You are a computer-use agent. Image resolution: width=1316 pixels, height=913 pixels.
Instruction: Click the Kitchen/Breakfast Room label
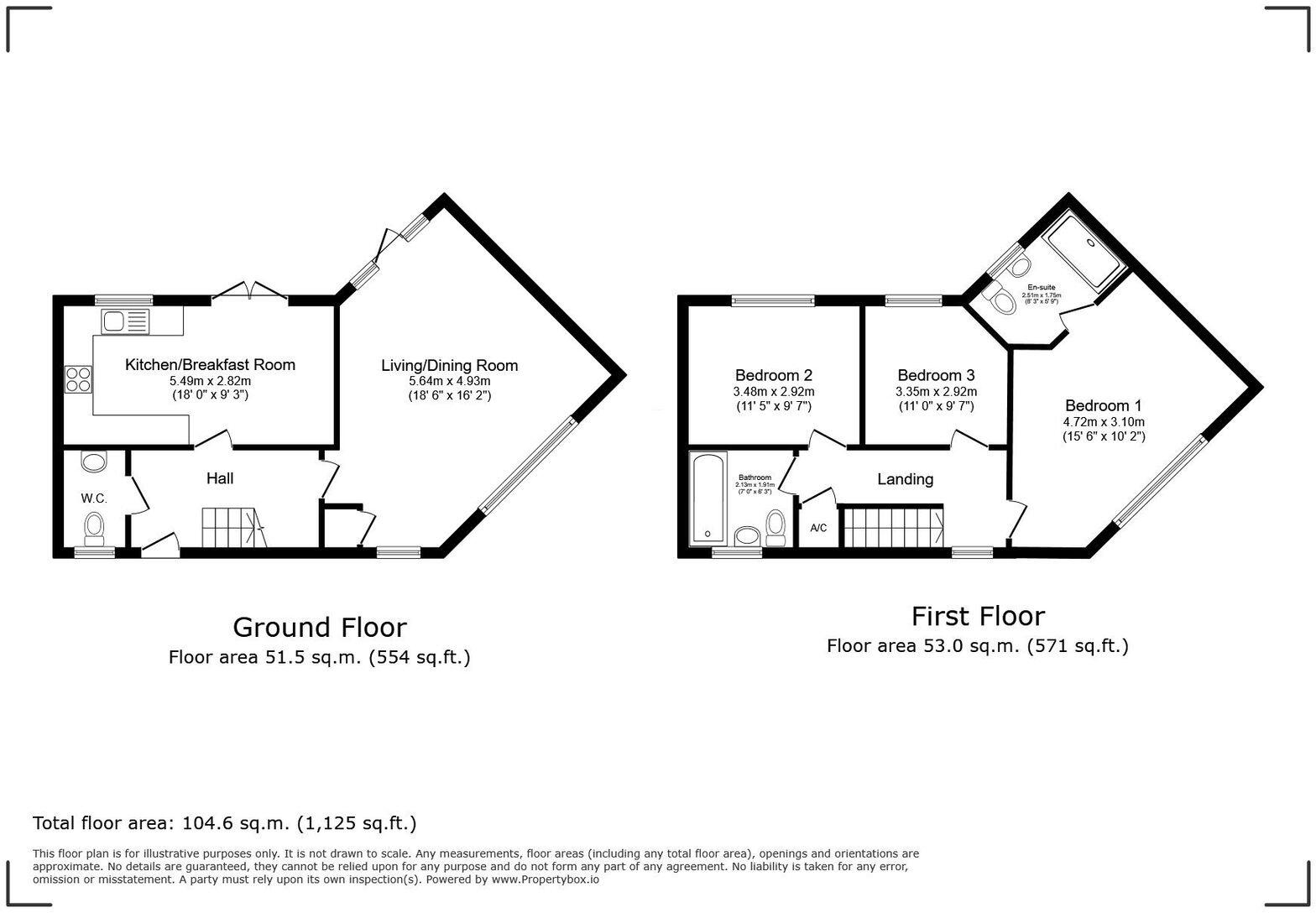tap(210, 365)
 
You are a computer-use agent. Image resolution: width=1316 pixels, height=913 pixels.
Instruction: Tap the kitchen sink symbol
tap(125, 321)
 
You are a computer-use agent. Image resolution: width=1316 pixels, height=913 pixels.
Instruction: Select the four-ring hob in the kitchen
tap(77, 379)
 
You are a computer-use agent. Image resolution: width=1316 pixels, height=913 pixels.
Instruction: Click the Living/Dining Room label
tap(449, 365)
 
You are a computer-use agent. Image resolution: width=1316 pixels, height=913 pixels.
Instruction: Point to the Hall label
tap(220, 478)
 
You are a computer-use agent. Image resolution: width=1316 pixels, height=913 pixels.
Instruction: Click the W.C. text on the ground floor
tap(94, 498)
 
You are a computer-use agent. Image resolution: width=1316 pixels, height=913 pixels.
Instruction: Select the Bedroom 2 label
tap(773, 375)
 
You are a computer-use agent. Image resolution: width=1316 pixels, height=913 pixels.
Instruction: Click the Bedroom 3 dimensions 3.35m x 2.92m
tap(936, 392)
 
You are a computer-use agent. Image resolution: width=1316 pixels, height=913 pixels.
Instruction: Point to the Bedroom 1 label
tap(1103, 405)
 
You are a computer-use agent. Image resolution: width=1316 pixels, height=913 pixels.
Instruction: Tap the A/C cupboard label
tap(818, 528)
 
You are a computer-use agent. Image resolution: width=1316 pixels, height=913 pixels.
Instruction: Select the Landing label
tap(905, 479)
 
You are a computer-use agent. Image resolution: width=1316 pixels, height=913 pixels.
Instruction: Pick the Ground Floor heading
tap(319, 627)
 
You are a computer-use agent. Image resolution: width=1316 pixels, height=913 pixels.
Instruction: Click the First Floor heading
tap(978, 616)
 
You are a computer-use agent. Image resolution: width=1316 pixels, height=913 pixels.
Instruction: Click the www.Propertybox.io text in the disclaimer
tap(545, 879)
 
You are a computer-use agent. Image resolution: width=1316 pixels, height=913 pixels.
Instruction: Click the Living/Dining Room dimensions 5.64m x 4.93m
tap(449, 381)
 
